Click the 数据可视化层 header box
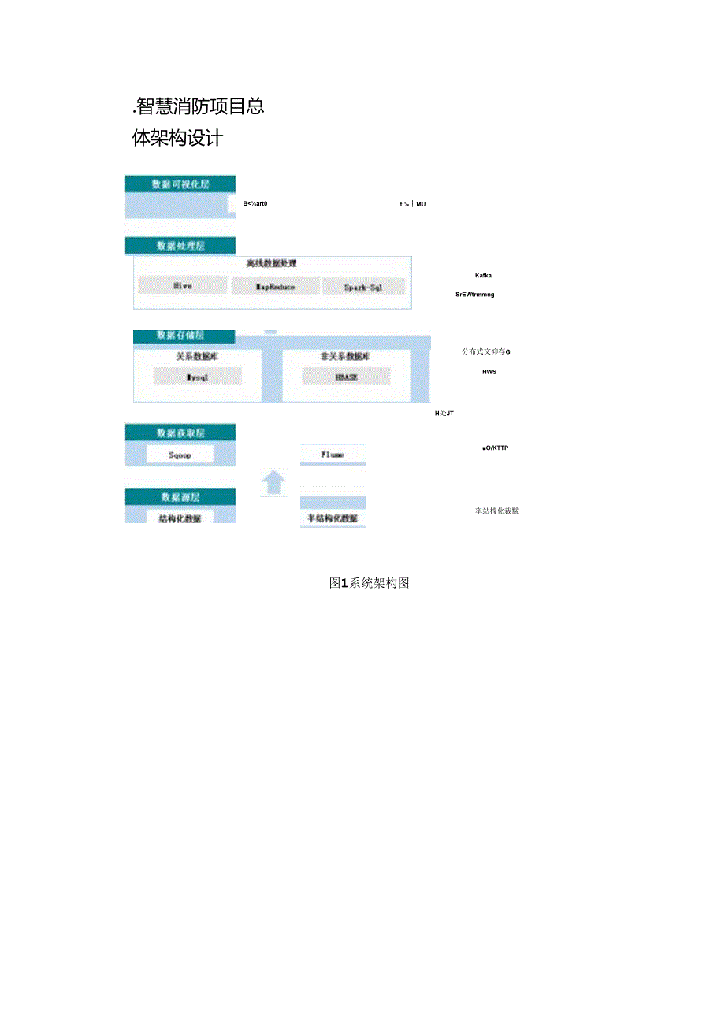(x=180, y=184)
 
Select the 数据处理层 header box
(x=180, y=246)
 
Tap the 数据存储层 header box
(x=180, y=336)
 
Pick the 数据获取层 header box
(x=180, y=433)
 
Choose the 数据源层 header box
(x=180, y=497)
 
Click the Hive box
(x=182, y=286)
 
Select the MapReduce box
(x=276, y=287)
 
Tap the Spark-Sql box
(x=363, y=288)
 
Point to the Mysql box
(x=198, y=377)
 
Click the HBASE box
(x=345, y=377)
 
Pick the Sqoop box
(x=180, y=455)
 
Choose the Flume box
(x=333, y=455)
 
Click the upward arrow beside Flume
(x=273, y=481)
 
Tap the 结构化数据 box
(x=180, y=518)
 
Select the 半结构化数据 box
(x=333, y=518)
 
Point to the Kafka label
(x=483, y=275)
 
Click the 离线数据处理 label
(x=271, y=263)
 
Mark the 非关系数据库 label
(x=345, y=356)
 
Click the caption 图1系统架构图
(x=370, y=583)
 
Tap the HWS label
(x=489, y=372)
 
